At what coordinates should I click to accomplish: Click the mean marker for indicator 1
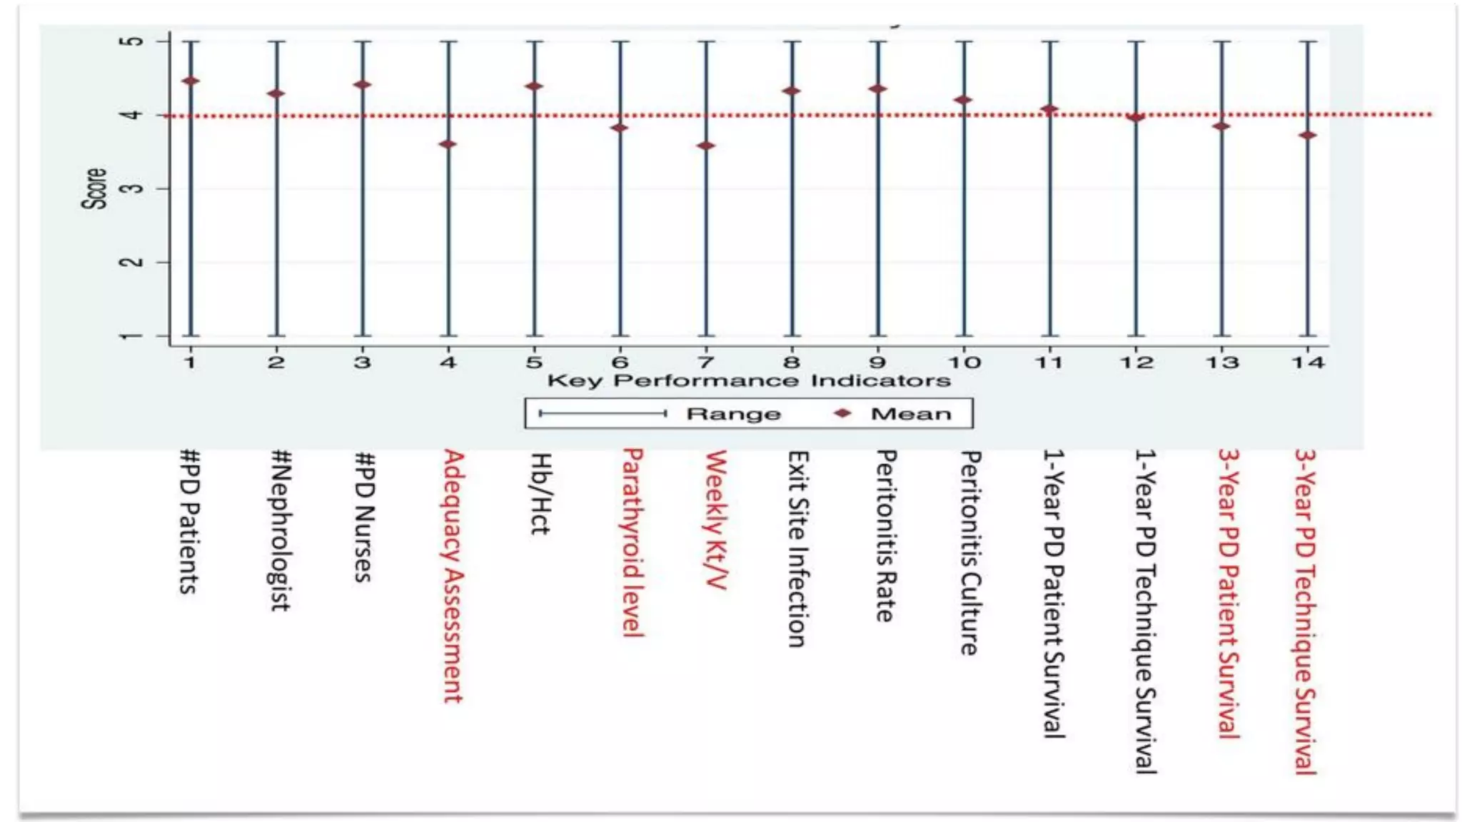[190, 81]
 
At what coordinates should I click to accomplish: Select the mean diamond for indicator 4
[448, 144]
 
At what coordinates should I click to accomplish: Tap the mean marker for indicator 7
[706, 146]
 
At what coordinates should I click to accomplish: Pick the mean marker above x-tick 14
[1308, 136]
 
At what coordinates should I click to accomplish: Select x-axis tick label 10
[964, 362]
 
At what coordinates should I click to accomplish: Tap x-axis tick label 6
[620, 362]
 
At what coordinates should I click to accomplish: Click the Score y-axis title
[95, 188]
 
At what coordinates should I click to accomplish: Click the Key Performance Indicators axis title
[749, 380]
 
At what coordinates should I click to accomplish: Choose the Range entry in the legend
[733, 414]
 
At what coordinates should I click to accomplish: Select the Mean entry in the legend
[911, 414]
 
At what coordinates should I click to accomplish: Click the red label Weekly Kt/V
[716, 519]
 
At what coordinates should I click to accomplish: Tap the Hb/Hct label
[540, 493]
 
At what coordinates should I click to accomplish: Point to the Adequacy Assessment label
[454, 575]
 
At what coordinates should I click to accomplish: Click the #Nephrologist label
[280, 529]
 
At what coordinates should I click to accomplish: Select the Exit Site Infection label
[797, 549]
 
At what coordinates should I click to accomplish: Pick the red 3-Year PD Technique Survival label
[1306, 611]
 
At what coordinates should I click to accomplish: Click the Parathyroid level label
[633, 542]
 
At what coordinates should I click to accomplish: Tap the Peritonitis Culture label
[969, 552]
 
